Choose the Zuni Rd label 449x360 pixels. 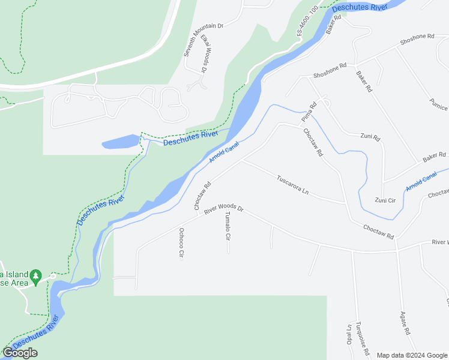[370, 137]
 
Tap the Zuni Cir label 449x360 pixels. [385, 200]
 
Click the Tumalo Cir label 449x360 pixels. [228, 226]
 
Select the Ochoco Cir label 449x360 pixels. [181, 242]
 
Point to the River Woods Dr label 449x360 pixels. [223, 209]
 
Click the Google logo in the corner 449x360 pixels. [20, 353]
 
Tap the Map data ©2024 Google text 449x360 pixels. [411, 355]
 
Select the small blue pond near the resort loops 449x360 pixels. [122, 142]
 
